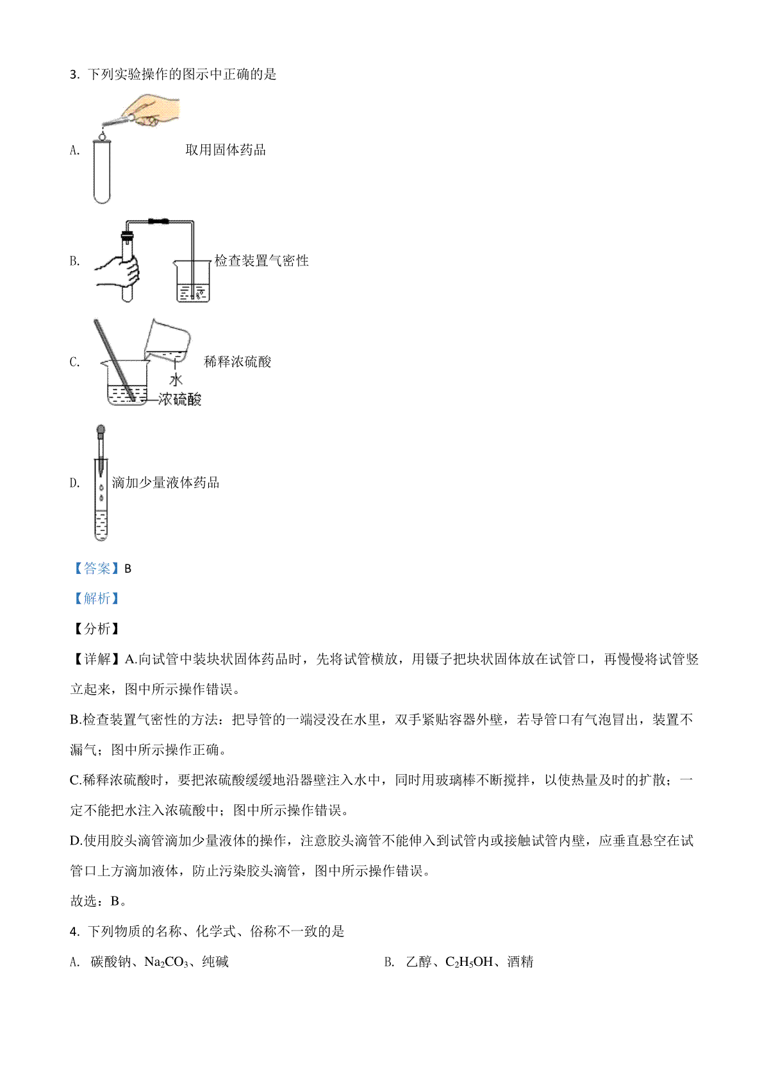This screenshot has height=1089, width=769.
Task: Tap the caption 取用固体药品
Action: point(226,149)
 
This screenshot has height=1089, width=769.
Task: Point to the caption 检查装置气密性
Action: point(261,260)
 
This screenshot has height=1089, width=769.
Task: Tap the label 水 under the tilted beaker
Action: point(176,380)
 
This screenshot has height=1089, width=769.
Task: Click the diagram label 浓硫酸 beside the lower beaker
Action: point(179,400)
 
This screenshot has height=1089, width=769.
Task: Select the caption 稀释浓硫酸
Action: point(237,362)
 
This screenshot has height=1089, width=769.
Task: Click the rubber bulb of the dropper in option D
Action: point(101,430)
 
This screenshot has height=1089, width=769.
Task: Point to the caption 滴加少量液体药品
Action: point(165,482)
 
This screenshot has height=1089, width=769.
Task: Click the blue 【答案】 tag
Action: point(97,568)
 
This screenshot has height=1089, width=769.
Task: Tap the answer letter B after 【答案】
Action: point(128,569)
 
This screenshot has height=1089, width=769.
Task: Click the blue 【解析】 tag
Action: point(97,598)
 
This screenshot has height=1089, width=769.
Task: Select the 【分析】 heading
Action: point(97,629)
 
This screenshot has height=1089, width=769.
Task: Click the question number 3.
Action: point(74,74)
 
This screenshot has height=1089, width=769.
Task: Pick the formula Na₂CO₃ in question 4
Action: point(166,961)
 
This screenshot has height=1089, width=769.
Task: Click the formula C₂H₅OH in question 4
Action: point(469,961)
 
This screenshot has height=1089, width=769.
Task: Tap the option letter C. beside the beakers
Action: point(75,362)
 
